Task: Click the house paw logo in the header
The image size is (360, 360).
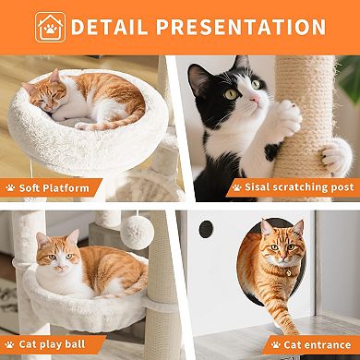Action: click(x=50, y=27)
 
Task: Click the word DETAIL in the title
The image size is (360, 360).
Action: click(x=117, y=27)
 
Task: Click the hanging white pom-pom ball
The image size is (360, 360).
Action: click(x=138, y=231)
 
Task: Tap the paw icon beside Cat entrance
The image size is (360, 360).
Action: click(x=273, y=345)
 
